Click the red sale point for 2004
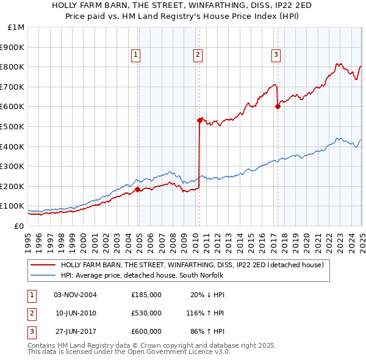click(x=138, y=189)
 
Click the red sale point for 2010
click(x=199, y=120)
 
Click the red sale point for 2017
click(x=278, y=106)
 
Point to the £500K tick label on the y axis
click(x=12, y=126)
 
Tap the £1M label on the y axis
click(x=16, y=27)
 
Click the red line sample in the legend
click(x=43, y=265)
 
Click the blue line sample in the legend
click(x=43, y=275)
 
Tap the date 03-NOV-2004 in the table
click(x=76, y=294)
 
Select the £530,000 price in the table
click(x=146, y=313)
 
